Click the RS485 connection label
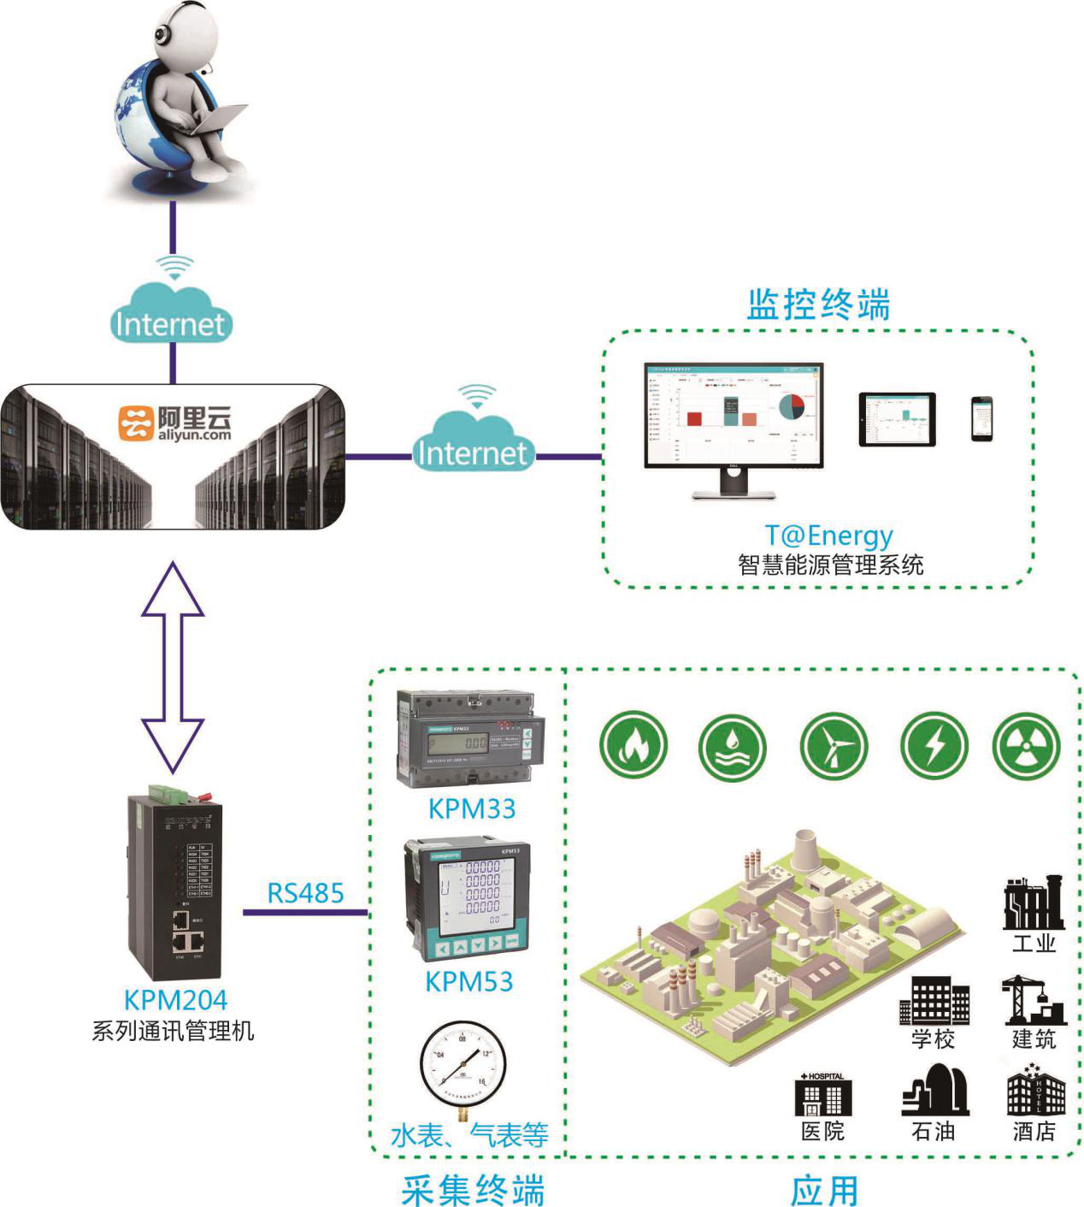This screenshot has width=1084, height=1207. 305,893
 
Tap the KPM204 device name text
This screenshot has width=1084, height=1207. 176,1000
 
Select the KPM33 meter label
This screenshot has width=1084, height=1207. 472,808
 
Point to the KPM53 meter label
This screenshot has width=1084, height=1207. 469,981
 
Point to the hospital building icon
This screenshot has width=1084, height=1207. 823,1094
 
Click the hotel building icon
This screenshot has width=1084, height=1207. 1036,1091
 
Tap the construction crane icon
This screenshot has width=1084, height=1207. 1034,1001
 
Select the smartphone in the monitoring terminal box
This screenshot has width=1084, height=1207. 981,419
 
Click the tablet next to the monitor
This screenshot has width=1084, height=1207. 897,419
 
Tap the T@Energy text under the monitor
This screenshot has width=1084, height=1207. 828,535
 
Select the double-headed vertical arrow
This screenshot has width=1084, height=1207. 173,667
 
